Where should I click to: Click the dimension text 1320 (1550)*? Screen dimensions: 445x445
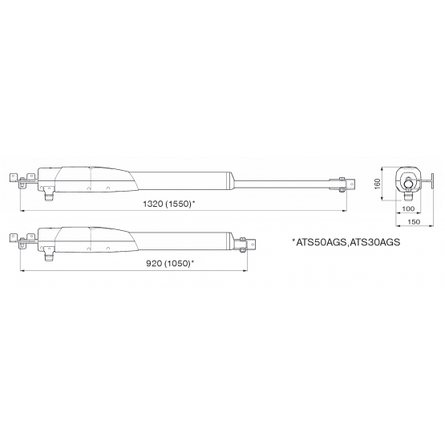tap(169, 204)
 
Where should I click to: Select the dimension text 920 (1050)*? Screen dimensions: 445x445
tap(170, 263)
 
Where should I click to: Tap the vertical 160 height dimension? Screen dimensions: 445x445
tap(377, 184)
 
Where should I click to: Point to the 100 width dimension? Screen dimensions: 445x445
tap(408, 209)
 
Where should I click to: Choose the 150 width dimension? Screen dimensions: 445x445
tap(414, 222)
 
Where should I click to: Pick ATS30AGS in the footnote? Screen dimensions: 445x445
tap(374, 242)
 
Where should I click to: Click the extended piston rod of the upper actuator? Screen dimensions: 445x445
tap(282, 184)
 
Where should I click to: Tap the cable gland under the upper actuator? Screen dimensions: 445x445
tap(49, 193)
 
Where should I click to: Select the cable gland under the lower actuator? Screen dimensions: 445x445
tap(49, 254)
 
